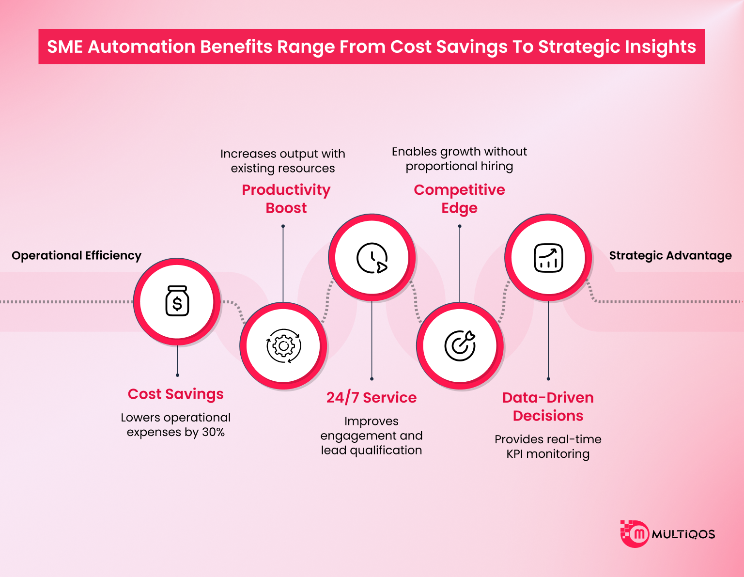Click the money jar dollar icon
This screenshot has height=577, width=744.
177,301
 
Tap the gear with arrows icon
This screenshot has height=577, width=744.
284,345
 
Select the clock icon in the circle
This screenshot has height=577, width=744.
372,258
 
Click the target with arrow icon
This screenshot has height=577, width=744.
460,345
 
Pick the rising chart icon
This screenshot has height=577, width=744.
548,258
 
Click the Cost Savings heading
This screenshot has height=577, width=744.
175,394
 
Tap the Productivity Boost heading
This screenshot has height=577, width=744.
286,199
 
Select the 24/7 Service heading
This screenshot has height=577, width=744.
372,398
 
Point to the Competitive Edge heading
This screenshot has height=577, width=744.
459,199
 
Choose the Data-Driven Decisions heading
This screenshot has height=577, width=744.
548,406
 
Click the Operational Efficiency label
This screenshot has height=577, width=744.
77,256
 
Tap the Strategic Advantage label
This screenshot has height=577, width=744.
670,256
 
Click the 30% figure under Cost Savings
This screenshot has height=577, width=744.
213,432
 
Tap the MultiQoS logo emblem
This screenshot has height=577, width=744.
635,534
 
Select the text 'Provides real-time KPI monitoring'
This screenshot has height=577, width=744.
548,447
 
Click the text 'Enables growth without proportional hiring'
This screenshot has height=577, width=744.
459,159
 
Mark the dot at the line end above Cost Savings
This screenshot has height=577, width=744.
178,375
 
